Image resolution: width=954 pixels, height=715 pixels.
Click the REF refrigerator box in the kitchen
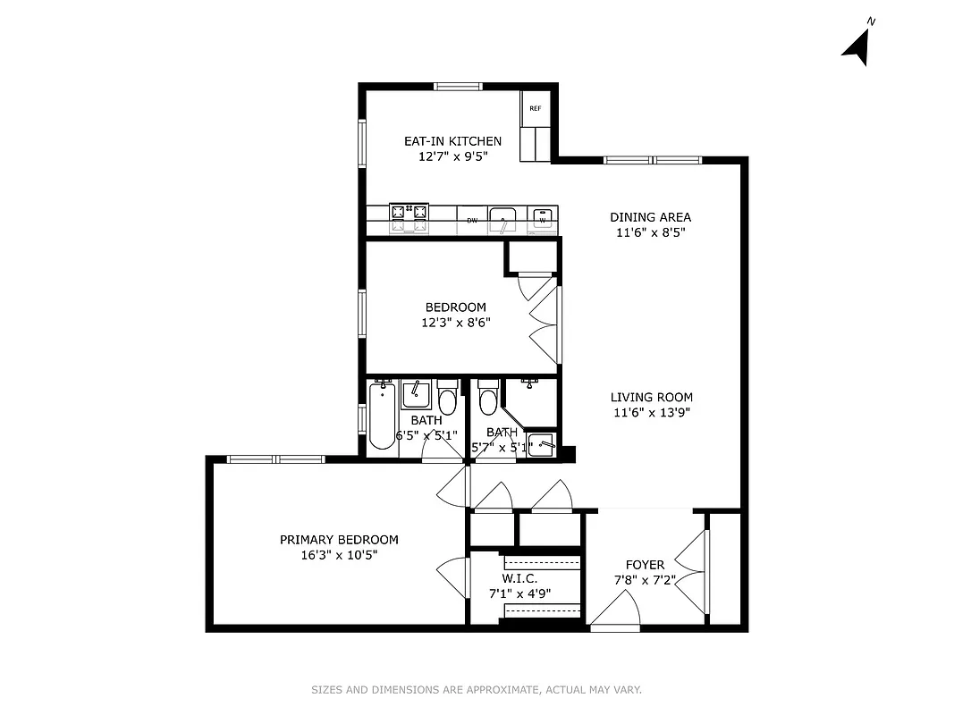click(x=535, y=108)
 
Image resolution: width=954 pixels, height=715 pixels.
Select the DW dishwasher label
click(x=471, y=219)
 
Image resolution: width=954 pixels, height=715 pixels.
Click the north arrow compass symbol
click(x=857, y=46)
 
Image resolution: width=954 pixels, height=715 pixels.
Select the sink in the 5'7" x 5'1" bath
click(x=530, y=384)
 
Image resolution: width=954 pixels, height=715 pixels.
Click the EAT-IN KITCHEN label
click(x=452, y=141)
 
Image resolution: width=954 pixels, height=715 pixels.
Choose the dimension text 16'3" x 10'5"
click(x=339, y=555)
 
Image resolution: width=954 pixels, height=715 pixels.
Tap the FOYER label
click(x=645, y=565)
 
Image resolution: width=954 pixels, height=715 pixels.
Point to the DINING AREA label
click(x=650, y=217)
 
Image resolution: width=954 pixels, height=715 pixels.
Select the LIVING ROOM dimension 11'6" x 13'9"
click(x=652, y=413)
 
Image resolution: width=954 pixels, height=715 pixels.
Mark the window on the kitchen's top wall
click(x=459, y=86)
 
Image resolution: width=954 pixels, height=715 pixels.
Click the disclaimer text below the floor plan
click(x=477, y=690)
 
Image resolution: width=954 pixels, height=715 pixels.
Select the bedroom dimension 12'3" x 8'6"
click(x=455, y=323)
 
